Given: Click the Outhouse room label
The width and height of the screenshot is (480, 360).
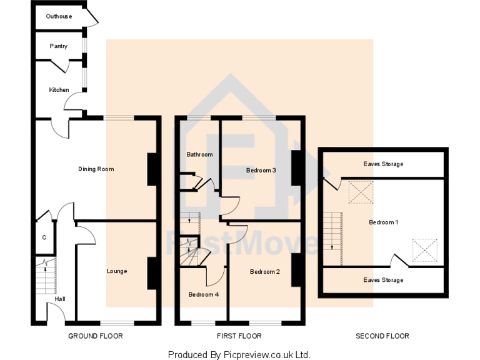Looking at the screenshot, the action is tap(59, 16).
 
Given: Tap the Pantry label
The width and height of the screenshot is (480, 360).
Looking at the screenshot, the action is tap(59, 46).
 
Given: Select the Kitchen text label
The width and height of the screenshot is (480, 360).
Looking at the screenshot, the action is tap(59, 90).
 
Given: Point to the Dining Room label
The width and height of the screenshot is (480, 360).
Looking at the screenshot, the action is tap(96, 169).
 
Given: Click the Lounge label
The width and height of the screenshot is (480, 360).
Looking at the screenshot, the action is tap(117, 271).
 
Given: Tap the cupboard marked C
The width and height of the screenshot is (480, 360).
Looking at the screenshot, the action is tap(44, 237).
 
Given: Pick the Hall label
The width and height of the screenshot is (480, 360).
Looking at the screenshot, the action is tap(60, 299).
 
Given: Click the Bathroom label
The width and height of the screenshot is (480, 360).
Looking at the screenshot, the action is tap(199, 154).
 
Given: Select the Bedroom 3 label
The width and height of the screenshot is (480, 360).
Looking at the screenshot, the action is tap(261, 170).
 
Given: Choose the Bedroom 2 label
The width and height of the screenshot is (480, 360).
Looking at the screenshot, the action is tap(265, 272).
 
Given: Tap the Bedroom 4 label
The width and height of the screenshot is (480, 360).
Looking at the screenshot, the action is tap(204, 294).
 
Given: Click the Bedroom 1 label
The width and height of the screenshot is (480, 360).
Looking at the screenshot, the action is tap(384, 222).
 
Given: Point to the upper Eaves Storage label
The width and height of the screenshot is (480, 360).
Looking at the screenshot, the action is tap(383, 164).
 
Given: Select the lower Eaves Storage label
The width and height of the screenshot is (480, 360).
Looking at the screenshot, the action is tap(383, 280).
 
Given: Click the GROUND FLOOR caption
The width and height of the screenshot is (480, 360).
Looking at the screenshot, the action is tap(96, 336).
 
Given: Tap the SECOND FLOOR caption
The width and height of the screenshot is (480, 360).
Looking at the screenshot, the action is tap(382, 336).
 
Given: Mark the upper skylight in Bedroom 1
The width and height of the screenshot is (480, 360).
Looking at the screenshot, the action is tap(361, 192).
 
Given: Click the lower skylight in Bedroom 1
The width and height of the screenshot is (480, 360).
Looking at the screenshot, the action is tap(425, 251).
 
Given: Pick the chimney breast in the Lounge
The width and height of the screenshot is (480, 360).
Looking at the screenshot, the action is tap(152, 273).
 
